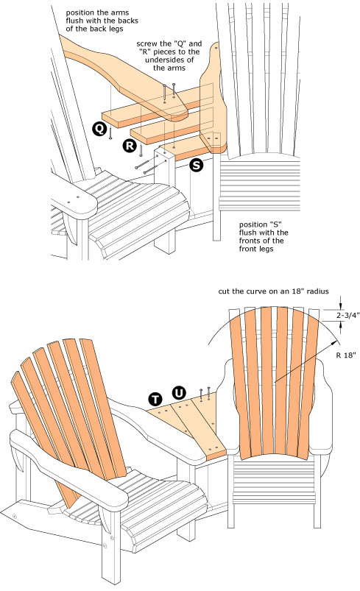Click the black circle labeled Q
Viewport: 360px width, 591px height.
pyautogui.click(x=99, y=129)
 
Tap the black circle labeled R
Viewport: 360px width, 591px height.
pyautogui.click(x=130, y=146)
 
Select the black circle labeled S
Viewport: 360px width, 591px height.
pyautogui.click(x=197, y=165)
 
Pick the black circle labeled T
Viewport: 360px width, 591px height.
pyautogui.click(x=155, y=399)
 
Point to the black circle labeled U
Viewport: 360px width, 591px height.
pyautogui.click(x=179, y=393)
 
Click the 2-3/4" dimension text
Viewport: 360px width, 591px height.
pyautogui.click(x=347, y=315)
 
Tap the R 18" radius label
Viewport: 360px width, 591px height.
pyautogui.click(x=346, y=355)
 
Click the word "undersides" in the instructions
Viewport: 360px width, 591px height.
pyautogui.click(x=169, y=60)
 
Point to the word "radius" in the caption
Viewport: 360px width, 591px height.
pyautogui.click(x=317, y=291)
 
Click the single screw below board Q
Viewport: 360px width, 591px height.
pyautogui.click(x=110, y=133)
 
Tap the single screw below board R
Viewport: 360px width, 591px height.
pyautogui.click(x=141, y=150)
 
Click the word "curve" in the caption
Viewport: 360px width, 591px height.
pyautogui.click(x=256, y=291)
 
